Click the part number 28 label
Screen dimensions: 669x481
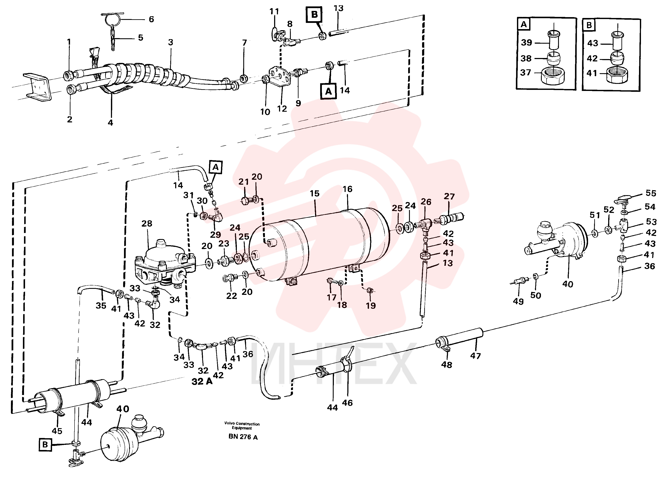click(x=147, y=223)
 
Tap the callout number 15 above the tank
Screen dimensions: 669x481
click(x=314, y=193)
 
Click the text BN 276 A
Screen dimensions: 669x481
click(x=243, y=437)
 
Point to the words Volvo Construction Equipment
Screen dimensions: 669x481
click(x=242, y=426)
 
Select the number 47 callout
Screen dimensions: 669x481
click(x=475, y=356)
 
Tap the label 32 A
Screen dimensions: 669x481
click(x=202, y=381)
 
